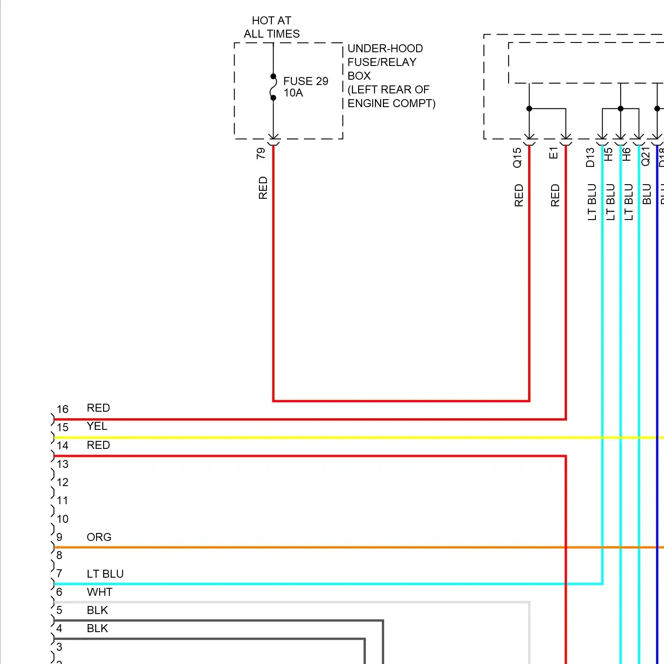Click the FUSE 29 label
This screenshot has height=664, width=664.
tap(305, 81)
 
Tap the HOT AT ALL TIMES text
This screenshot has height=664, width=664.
tap(271, 27)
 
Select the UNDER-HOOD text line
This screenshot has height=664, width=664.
tap(385, 48)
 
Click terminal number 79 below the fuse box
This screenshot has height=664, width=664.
tap(261, 154)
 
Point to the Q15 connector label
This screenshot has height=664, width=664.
tap(517, 158)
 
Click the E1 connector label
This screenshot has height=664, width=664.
tap(553, 153)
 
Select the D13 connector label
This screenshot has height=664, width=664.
tap(590, 158)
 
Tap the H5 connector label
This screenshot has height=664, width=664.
tap(609, 154)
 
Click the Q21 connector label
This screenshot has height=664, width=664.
tap(645, 157)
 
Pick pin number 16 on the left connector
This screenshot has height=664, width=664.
tap(62, 409)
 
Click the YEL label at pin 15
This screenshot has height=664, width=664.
tap(97, 426)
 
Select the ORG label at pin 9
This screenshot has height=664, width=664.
tap(99, 537)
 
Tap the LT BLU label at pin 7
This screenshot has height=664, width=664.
tap(105, 574)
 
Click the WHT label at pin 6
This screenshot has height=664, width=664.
tap(100, 592)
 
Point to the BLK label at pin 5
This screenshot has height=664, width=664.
tap(97, 610)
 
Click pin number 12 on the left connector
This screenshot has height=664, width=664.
tap(62, 482)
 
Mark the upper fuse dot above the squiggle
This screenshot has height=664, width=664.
tap(273, 77)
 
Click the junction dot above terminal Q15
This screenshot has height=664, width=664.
tap(529, 108)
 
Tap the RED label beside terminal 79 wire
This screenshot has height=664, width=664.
tap(263, 188)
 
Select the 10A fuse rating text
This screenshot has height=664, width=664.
tap(293, 93)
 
